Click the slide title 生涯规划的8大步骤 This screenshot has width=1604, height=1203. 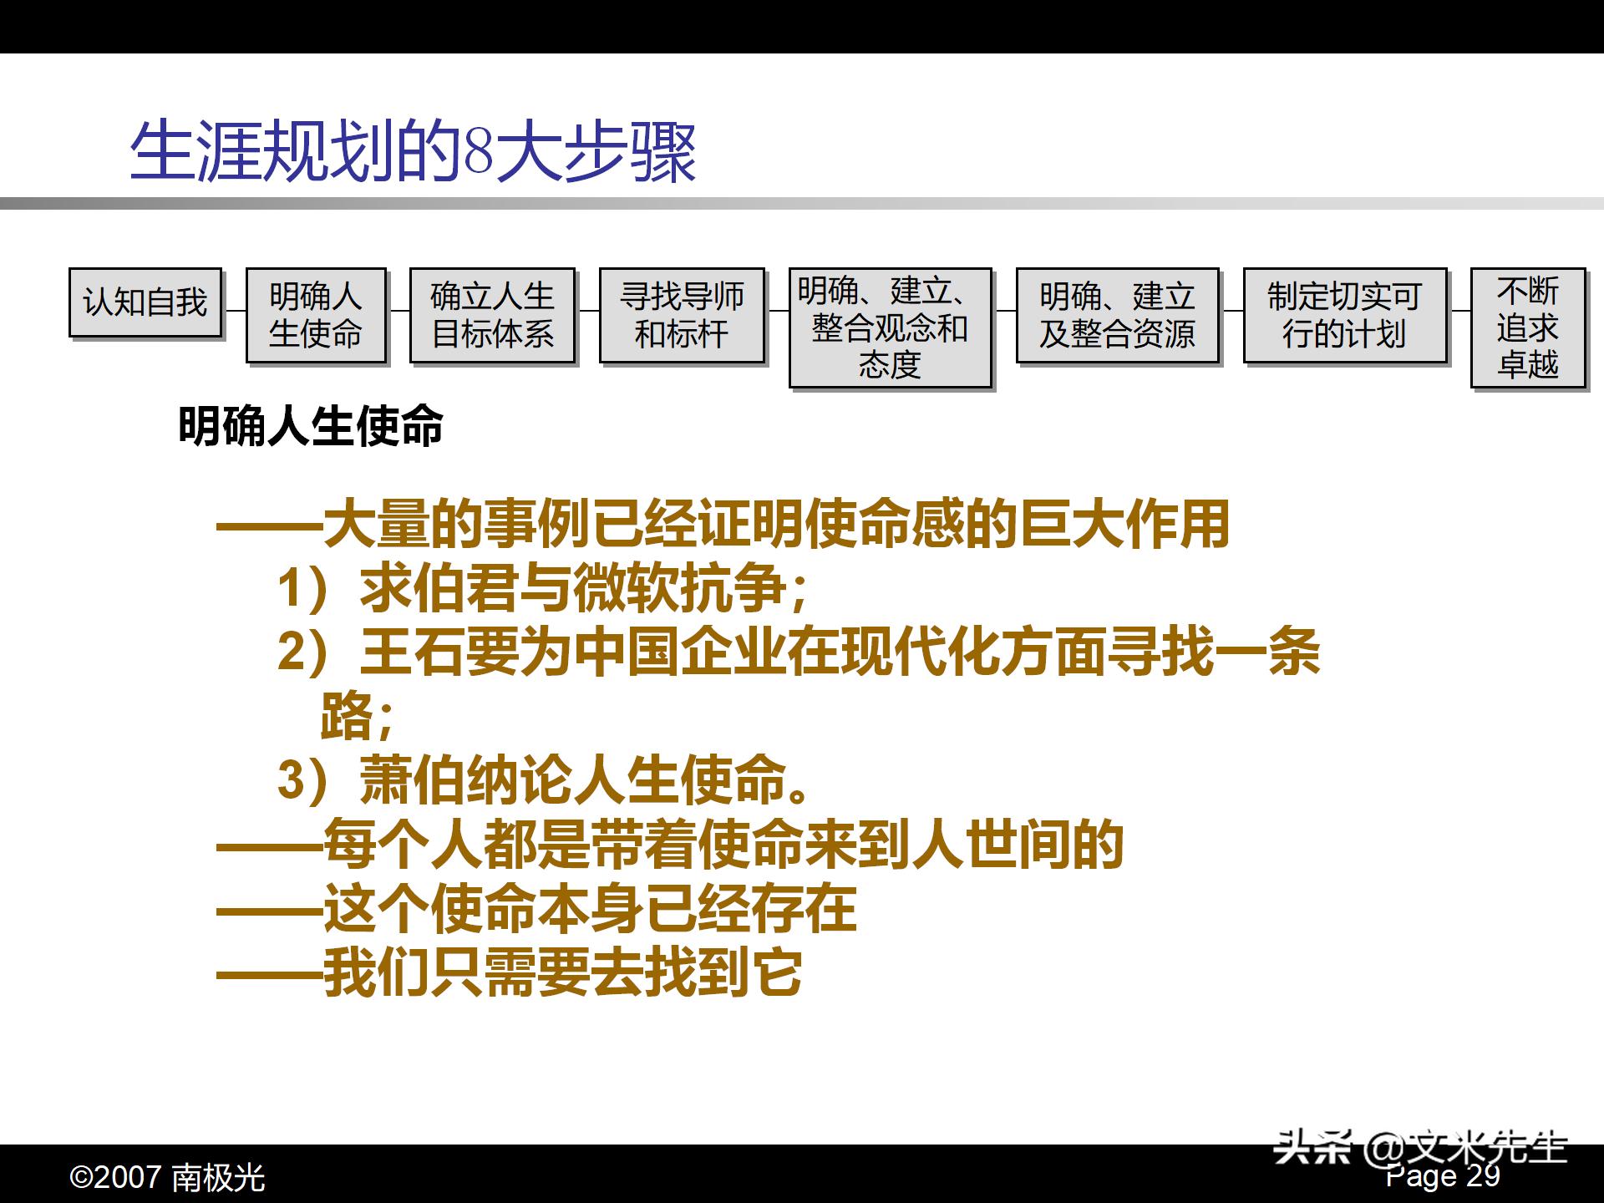coord(413,153)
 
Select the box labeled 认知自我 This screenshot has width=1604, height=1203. coord(145,302)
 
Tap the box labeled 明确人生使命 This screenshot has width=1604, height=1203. coord(316,315)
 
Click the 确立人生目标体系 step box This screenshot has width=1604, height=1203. coord(492,315)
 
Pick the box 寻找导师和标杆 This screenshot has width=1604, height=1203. coord(682,315)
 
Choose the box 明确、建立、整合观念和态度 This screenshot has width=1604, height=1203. coord(890,327)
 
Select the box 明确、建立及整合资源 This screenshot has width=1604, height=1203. coord(1117,315)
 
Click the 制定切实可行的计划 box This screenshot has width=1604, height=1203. coord(1344,315)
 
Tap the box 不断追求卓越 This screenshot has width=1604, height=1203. coord(1527,327)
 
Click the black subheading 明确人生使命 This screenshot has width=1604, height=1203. coord(311,427)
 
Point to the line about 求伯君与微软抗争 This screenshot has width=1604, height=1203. coord(543,588)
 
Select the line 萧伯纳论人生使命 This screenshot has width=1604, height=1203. coord(543,780)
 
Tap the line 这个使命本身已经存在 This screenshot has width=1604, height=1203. coord(536,909)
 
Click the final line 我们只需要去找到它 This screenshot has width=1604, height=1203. coord(510,972)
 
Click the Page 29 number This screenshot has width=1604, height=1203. coord(1443,1176)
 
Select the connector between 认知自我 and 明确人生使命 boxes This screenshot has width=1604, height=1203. coord(235,310)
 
